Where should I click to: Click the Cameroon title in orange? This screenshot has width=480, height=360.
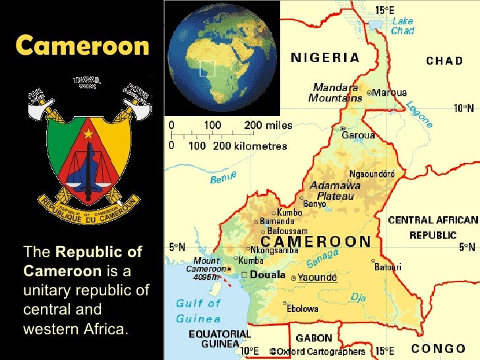[x=82, y=45]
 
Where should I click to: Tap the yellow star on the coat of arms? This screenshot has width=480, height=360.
[x=88, y=135]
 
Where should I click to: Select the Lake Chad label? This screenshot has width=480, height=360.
[x=403, y=26]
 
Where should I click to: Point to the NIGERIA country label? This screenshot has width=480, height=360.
[x=326, y=57]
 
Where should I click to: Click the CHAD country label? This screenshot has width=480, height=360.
[x=444, y=61]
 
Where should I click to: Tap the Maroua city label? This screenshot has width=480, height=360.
[x=389, y=93]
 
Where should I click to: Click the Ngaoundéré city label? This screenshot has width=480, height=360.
[x=372, y=174]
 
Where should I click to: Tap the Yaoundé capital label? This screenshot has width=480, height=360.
[x=317, y=278]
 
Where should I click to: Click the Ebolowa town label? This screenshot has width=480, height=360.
[x=303, y=308]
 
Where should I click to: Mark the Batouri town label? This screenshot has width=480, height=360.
[x=388, y=267]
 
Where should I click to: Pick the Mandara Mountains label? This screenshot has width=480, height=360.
[x=335, y=92]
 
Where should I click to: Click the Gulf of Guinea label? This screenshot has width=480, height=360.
[x=198, y=311]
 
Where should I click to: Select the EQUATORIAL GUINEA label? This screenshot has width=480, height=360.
[x=220, y=339]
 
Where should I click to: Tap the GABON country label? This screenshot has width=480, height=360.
[x=314, y=338]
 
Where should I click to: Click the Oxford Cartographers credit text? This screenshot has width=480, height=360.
[x=321, y=352]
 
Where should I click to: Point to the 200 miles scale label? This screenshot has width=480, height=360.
[x=267, y=125]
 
